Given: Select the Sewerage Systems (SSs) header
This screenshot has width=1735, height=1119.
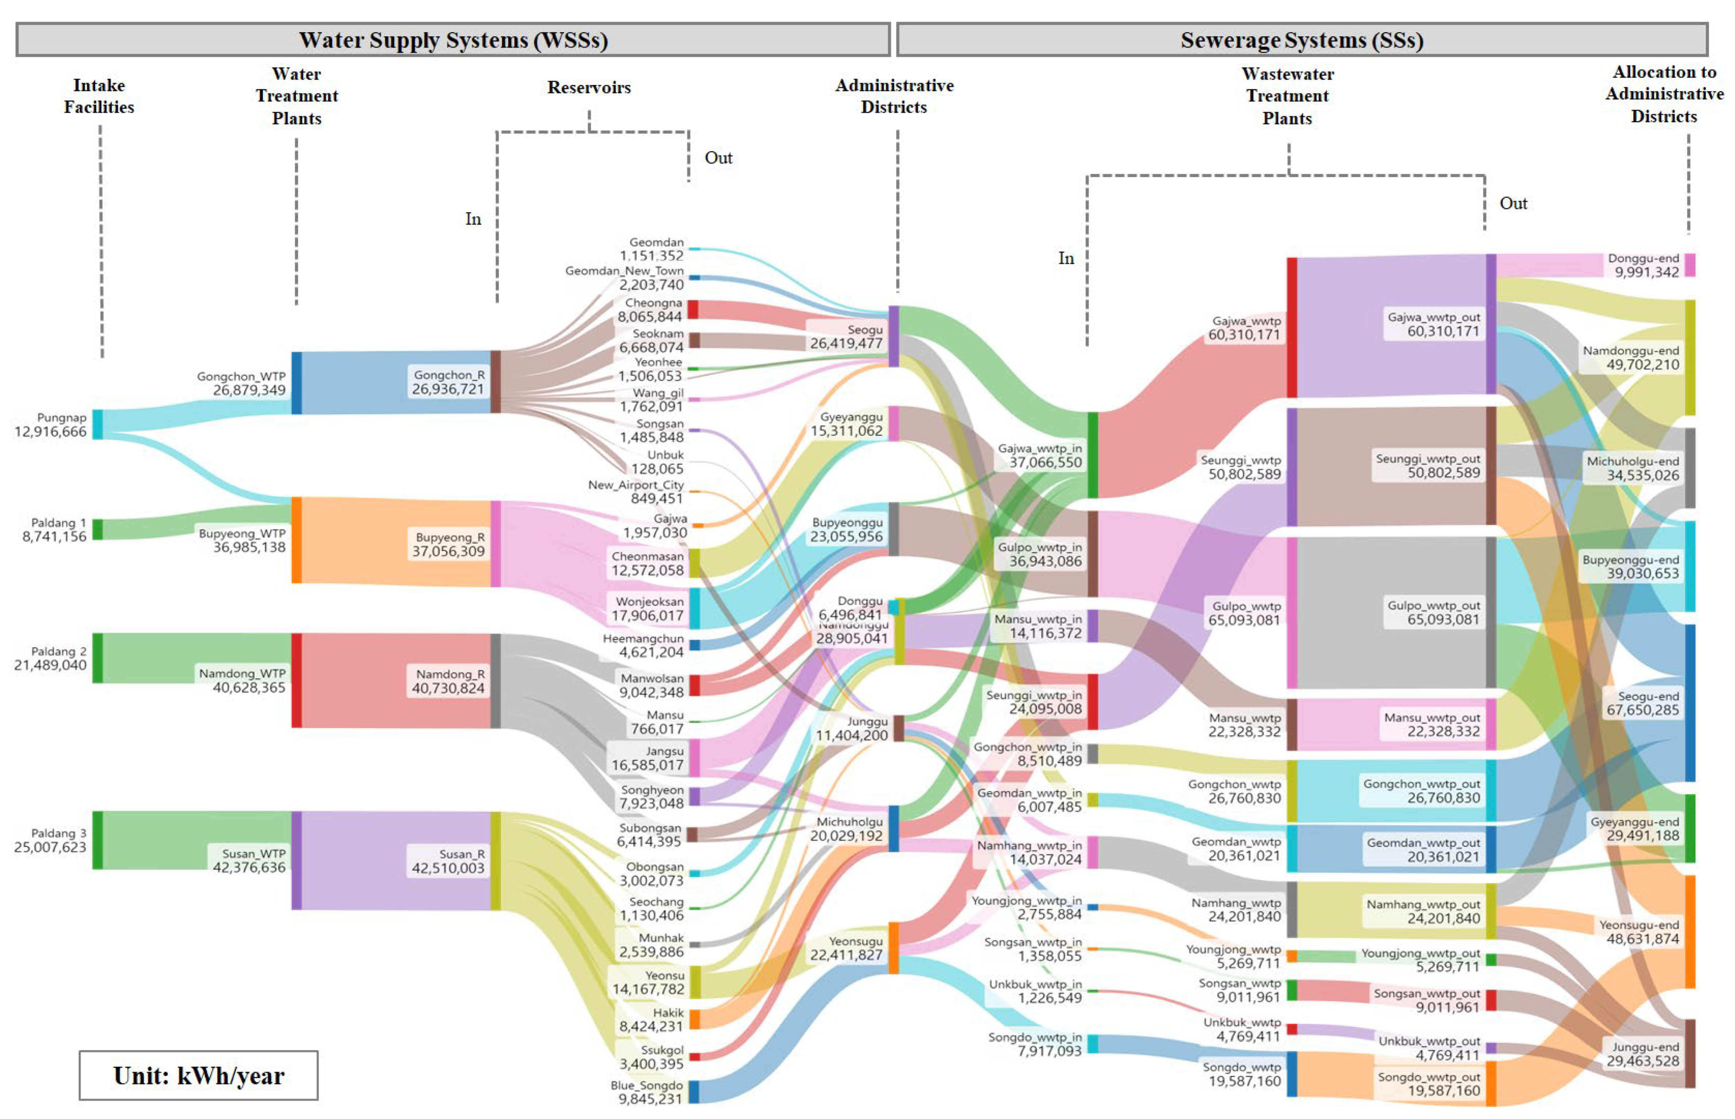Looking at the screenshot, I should click(x=1301, y=40).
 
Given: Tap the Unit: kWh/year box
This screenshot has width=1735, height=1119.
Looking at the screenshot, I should click(x=198, y=1075).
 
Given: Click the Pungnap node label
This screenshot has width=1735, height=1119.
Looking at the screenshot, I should click(x=62, y=418).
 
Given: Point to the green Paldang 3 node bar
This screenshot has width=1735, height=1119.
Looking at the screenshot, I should click(x=97, y=840).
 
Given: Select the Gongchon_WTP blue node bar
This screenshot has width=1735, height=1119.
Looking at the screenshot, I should click(x=297, y=383).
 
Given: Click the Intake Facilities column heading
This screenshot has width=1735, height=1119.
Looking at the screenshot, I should click(x=99, y=96).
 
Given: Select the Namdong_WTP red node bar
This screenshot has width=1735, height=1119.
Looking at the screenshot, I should click(x=297, y=680).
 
